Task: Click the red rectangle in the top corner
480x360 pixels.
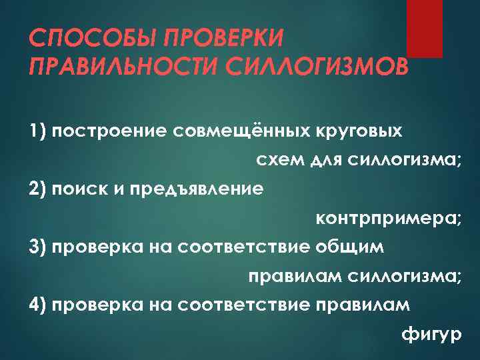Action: coord(425,28)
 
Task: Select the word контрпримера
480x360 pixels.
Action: coord(387,219)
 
